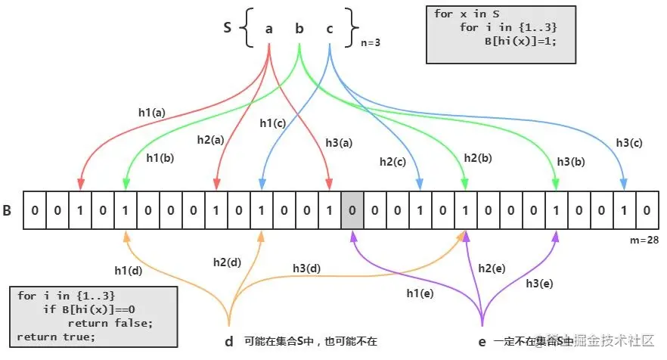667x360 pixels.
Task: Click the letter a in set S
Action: coord(269,29)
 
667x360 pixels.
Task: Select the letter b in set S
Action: coord(299,29)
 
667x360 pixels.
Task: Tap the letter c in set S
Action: coord(330,29)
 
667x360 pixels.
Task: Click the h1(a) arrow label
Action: coord(151,112)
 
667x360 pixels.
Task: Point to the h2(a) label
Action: coord(210,140)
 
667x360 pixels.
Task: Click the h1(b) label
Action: coord(160,159)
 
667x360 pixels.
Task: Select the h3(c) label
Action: coord(629,143)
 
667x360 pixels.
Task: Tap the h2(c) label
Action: coord(393,161)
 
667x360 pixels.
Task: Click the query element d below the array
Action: coord(229,341)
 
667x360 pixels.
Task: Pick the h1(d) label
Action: coord(129,271)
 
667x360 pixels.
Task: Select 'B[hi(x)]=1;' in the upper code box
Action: coord(520,41)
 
